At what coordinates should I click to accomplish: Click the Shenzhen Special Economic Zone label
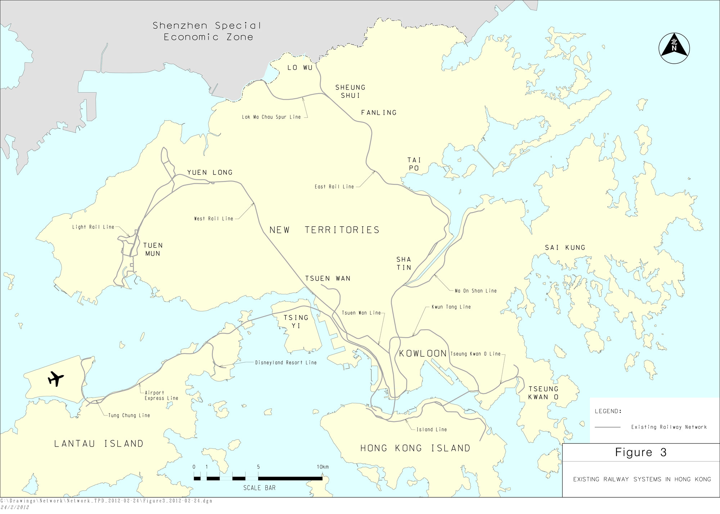point(207,31)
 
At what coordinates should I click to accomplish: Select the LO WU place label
point(300,68)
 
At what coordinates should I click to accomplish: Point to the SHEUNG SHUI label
point(350,91)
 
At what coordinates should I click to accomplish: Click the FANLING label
point(379,113)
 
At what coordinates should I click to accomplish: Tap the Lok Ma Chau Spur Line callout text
point(271,117)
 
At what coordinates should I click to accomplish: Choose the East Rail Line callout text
point(334,187)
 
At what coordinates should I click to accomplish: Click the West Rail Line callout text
point(213,219)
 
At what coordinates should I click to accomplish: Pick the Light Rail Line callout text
point(93,227)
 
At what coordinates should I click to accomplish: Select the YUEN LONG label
point(210,173)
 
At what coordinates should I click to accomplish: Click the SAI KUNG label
point(565,247)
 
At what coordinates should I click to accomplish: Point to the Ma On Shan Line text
point(476,291)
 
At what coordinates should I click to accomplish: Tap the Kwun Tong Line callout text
point(451,307)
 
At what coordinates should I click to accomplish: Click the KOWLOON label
point(423,353)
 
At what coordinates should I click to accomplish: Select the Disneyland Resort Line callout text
point(286,363)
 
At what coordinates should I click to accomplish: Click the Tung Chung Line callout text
point(129,415)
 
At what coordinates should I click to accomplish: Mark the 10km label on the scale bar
point(323,467)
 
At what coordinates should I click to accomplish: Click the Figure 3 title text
point(641,452)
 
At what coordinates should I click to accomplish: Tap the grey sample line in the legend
point(608,427)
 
